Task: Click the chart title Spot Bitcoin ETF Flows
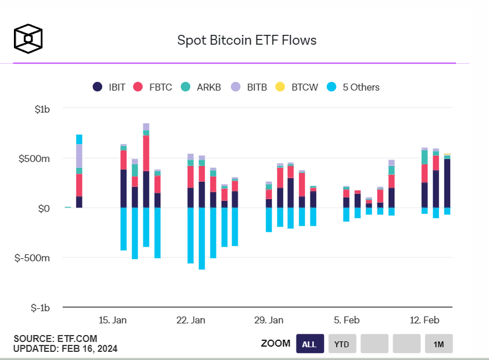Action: [x=247, y=40]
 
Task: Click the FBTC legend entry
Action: [x=153, y=87]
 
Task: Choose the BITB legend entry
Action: [x=249, y=87]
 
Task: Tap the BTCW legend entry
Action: [x=296, y=87]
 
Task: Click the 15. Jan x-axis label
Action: [x=113, y=320]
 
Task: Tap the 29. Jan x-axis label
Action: [x=269, y=320]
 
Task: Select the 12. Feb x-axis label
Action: [x=424, y=320]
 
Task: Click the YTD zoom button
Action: [x=342, y=344]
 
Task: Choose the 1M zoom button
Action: [x=439, y=344]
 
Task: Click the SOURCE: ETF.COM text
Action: [x=56, y=339]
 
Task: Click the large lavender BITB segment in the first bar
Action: [x=79, y=156]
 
